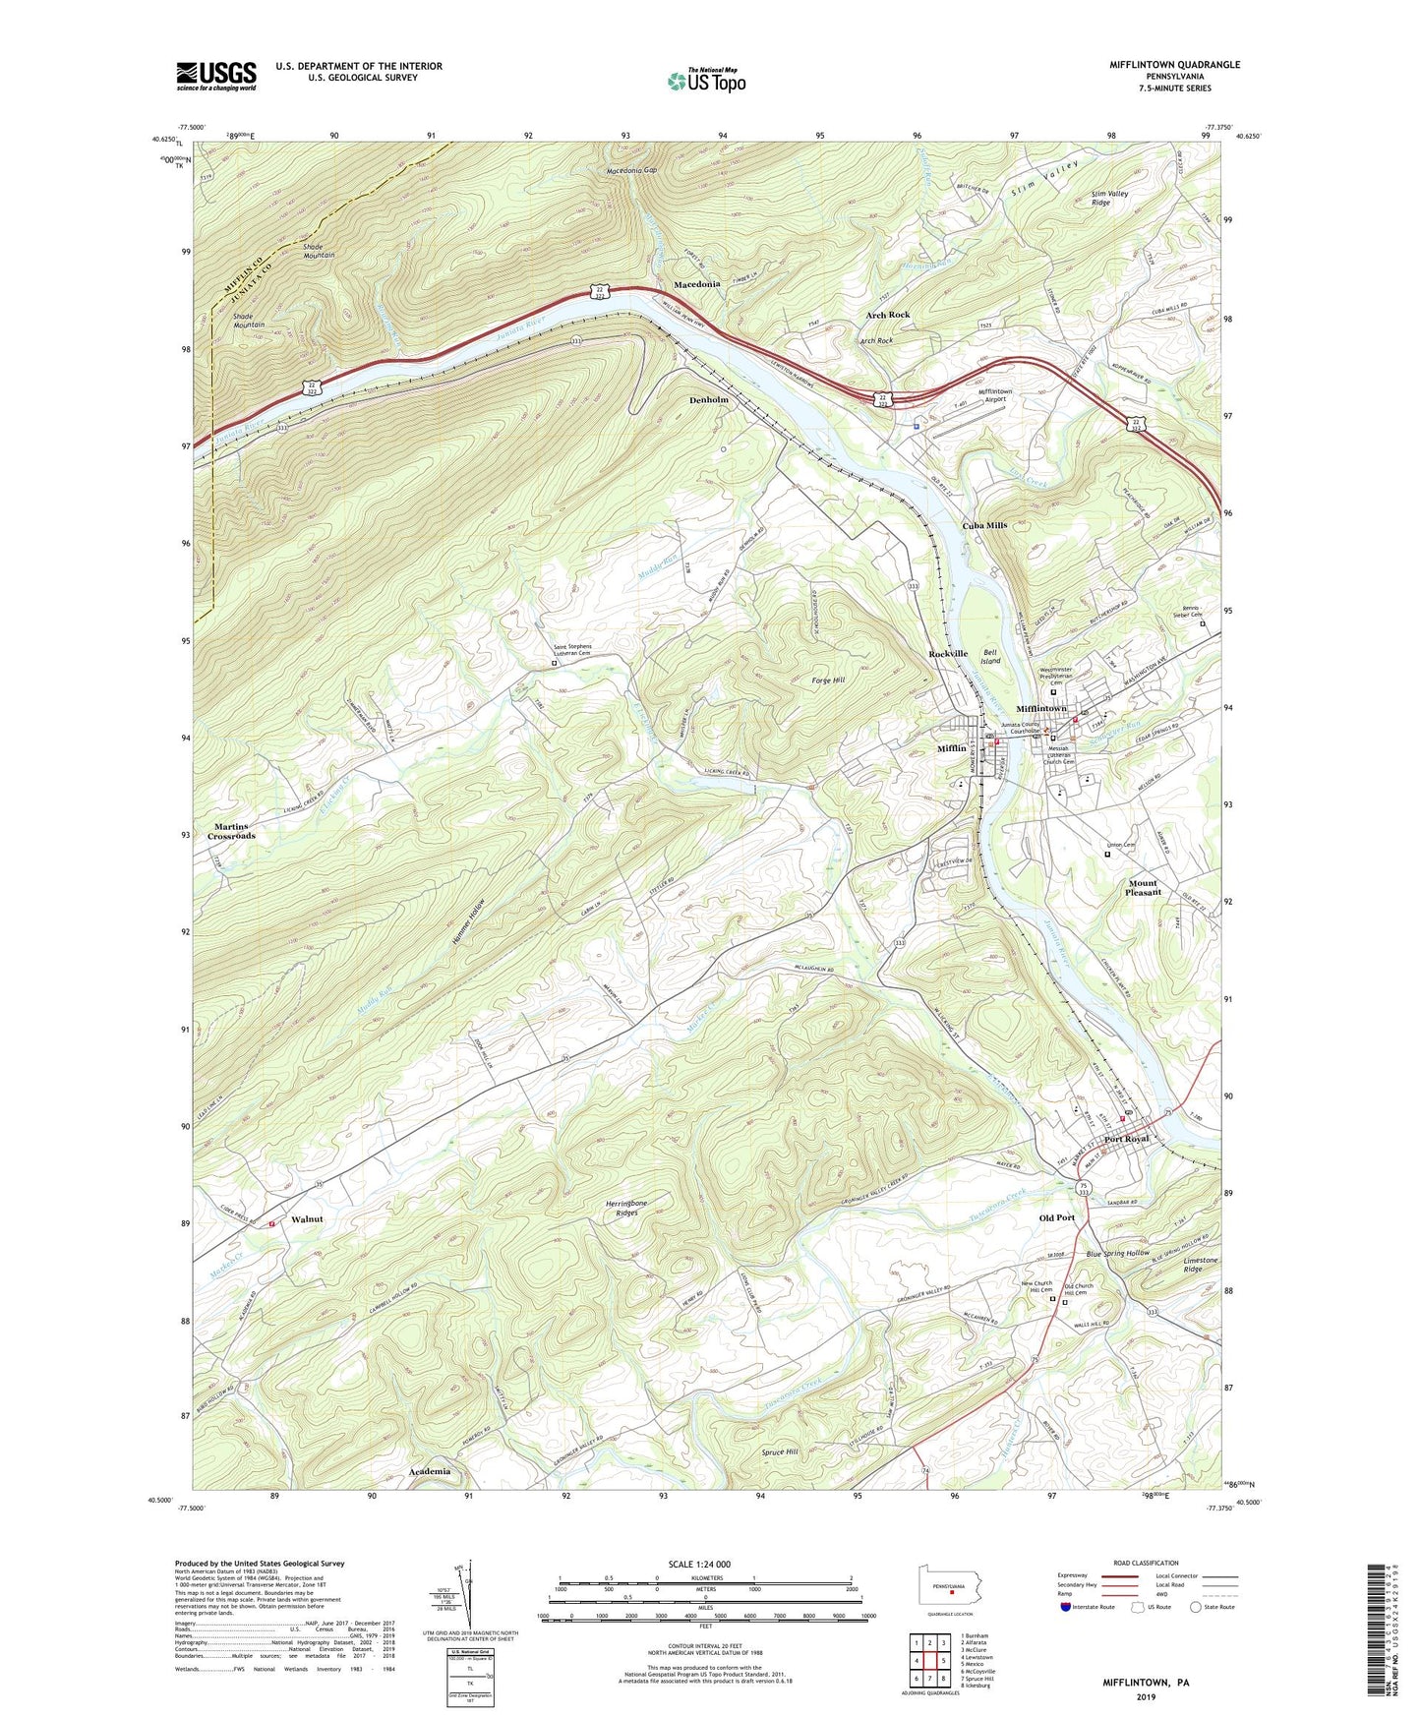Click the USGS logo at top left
(x=215, y=75)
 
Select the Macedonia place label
(x=696, y=284)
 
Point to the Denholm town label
(x=708, y=400)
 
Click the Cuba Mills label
(x=984, y=525)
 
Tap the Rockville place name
(x=948, y=653)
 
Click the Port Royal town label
(x=1126, y=1139)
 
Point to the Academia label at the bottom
(x=430, y=1471)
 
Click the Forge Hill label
(x=828, y=680)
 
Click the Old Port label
(x=1056, y=1217)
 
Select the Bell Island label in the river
(x=989, y=656)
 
